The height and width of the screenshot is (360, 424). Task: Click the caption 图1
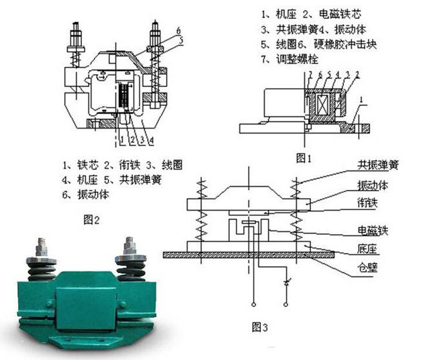(303, 158)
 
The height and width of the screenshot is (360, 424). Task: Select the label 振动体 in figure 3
(373, 186)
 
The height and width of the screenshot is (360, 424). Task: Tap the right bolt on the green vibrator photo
(128, 250)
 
